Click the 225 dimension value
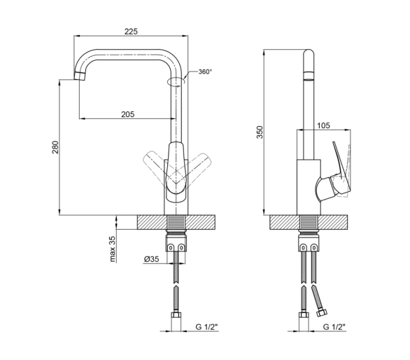[131, 32]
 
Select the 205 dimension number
[128, 114]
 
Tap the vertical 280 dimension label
[55, 147]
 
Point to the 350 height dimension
[260, 132]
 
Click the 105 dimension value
[323, 125]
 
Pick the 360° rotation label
[205, 71]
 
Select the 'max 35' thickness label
[112, 249]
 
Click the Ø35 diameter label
[151, 259]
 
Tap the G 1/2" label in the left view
[206, 327]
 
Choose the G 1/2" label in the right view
[334, 327]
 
